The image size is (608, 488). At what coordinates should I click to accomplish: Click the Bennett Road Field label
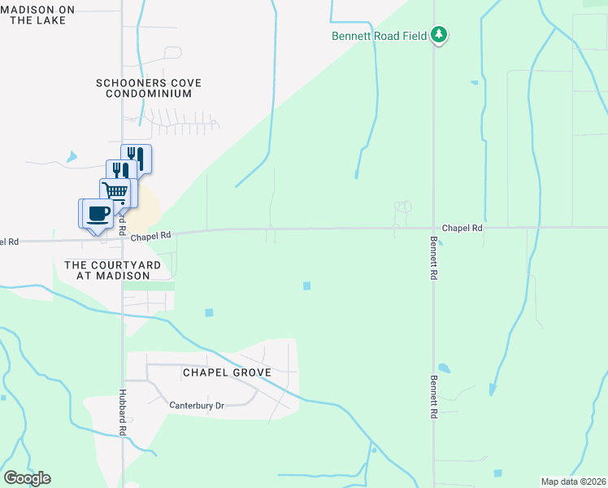tap(380, 36)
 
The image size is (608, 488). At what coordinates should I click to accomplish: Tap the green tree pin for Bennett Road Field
tap(439, 34)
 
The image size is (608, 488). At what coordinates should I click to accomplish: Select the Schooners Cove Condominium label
tap(149, 89)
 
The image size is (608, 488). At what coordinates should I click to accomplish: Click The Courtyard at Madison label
tap(107, 271)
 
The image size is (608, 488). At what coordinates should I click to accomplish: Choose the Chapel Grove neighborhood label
tap(226, 373)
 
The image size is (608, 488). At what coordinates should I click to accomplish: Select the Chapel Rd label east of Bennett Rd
tap(463, 229)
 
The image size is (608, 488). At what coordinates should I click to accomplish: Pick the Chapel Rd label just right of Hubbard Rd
tap(150, 236)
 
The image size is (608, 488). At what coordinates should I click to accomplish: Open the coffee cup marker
tap(97, 214)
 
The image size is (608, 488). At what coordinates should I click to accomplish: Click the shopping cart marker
tap(115, 192)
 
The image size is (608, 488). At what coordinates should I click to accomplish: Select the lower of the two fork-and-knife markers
tap(121, 172)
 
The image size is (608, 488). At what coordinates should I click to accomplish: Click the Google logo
tap(27, 478)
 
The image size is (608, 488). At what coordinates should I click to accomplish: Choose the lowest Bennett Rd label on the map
tap(434, 397)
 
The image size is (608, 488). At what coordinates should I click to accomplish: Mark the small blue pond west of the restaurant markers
tap(72, 156)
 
